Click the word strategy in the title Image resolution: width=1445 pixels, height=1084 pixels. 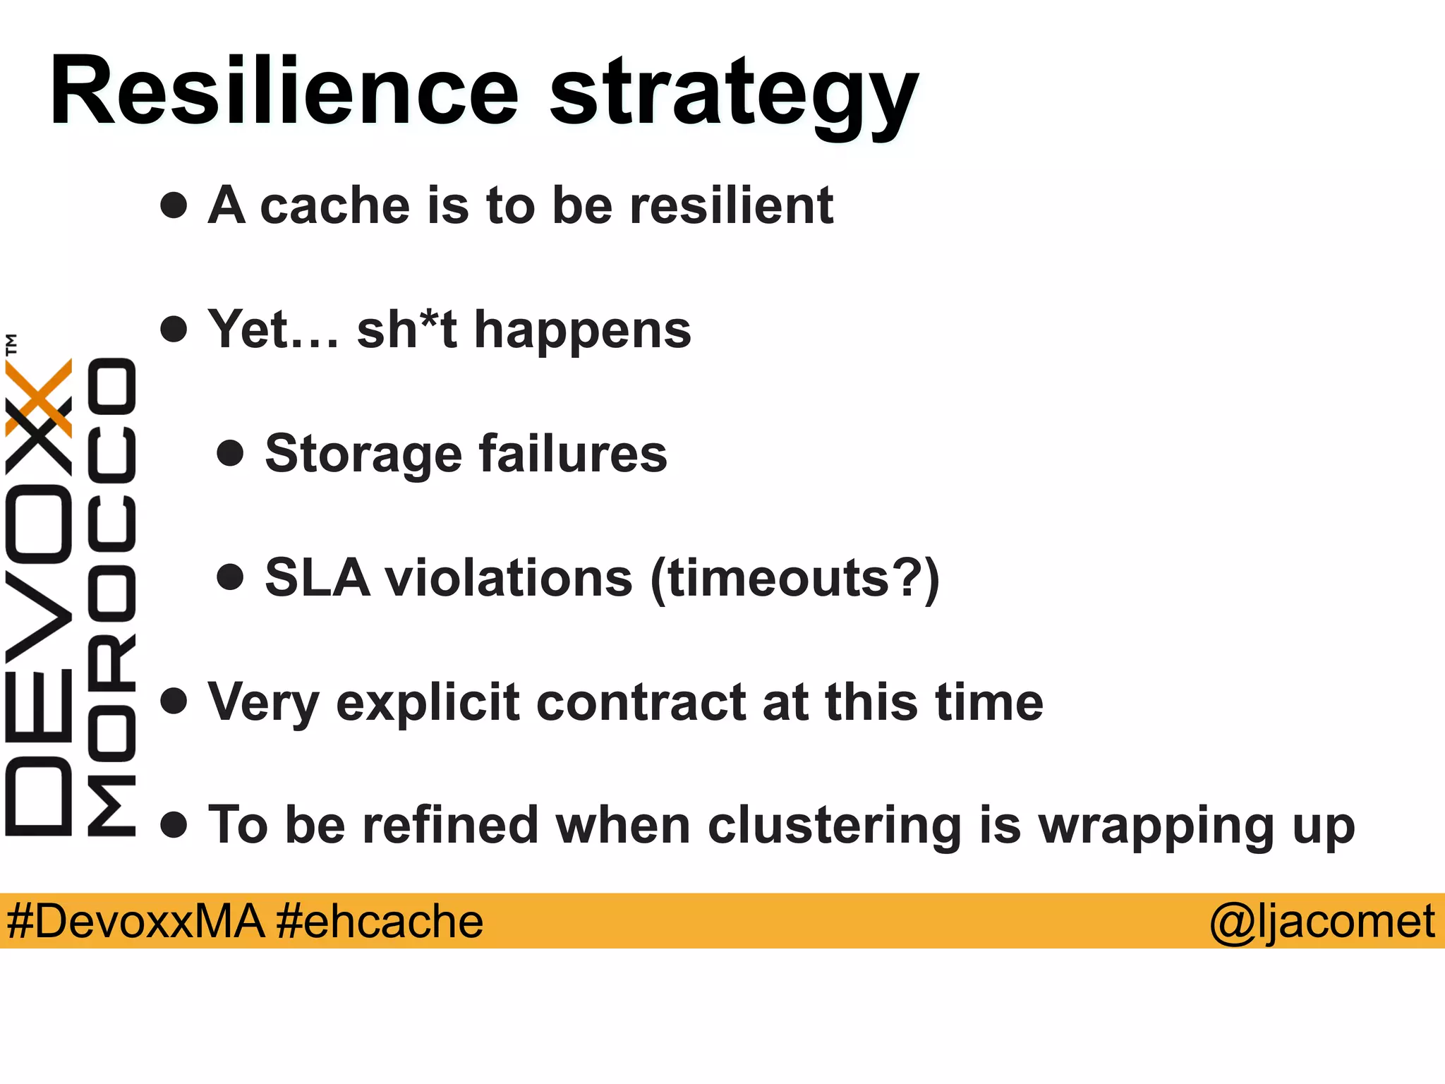[734, 95]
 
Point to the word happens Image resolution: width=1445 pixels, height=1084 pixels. [583, 332]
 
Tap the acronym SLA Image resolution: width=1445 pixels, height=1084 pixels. [317, 578]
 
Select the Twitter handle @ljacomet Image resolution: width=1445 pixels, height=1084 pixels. [1322, 921]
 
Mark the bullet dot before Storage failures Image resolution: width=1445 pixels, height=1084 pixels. [230, 454]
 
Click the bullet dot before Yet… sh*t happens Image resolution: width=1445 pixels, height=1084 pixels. [174, 330]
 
